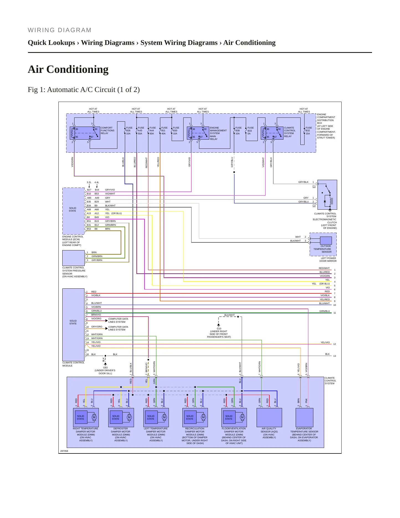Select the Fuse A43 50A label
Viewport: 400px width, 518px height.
pyautogui.click(x=141, y=131)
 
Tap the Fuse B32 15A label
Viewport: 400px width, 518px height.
pyautogui.click(x=309, y=131)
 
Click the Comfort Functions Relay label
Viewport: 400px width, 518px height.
pyautogui.click(x=107, y=130)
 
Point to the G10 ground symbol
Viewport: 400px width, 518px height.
pyautogui.click(x=219, y=325)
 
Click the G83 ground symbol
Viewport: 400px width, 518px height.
pyautogui.click(x=105, y=364)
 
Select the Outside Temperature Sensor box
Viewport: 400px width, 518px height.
pyautogui.click(x=326, y=240)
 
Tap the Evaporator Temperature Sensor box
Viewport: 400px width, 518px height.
pyautogui.click(x=304, y=417)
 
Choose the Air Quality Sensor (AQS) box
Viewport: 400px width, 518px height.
pyautogui.click(x=269, y=417)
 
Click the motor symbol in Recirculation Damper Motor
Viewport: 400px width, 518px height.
pyautogui.click(x=203, y=417)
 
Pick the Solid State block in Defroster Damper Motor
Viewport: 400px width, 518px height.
pyautogui.click(x=116, y=417)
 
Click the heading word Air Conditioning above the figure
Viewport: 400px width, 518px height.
pyautogui.click(x=68, y=69)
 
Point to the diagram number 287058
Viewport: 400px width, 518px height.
pyautogui.click(x=64, y=451)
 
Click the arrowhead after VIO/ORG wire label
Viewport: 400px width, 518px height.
pyautogui.click(x=107, y=321)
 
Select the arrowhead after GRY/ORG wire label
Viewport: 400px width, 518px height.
pyautogui.click(x=107, y=329)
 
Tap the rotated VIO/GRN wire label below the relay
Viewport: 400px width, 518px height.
pyautogui.click(x=73, y=162)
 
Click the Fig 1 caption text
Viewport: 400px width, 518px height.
pyautogui.click(x=84, y=90)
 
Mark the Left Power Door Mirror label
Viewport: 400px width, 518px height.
pyautogui.click(x=329, y=260)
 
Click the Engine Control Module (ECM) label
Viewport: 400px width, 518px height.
pyautogui.click(x=73, y=241)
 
